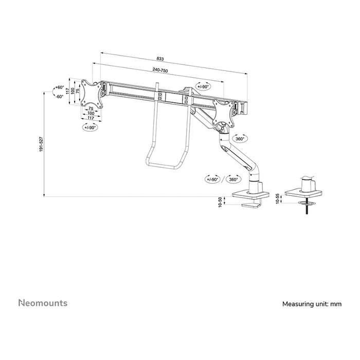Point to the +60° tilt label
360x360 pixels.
[60, 88]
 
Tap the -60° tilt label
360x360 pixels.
[60, 96]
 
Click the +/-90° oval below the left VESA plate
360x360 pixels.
[89, 127]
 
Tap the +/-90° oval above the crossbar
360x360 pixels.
[204, 86]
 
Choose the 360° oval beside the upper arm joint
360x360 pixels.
[240, 139]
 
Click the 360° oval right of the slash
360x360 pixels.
[233, 179]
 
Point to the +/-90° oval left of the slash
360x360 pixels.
[213, 179]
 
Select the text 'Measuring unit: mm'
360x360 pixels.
[312, 304]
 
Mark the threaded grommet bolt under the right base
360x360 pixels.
[307, 210]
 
